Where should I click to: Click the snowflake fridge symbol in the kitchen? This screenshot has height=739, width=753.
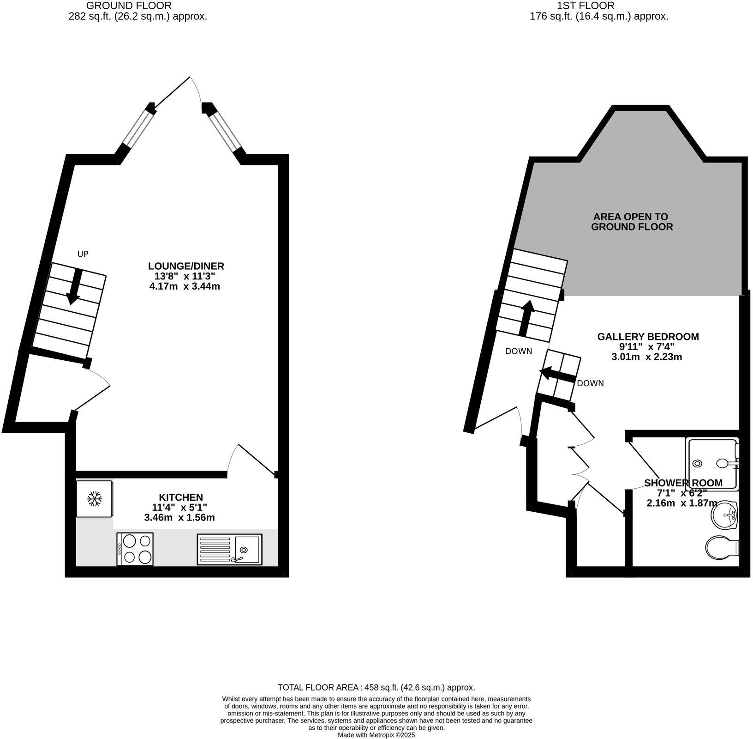(95, 498)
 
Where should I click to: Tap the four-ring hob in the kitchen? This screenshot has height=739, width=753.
(135, 549)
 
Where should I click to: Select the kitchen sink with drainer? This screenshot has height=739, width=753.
(229, 549)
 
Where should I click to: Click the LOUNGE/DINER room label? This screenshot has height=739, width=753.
(186, 266)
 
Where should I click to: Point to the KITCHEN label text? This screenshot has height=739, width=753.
(181, 497)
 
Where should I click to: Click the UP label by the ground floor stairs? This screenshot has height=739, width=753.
(83, 254)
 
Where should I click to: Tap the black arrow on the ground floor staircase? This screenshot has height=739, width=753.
(74, 287)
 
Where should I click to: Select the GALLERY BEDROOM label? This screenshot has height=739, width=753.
(648, 337)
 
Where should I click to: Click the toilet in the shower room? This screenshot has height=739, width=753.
(722, 548)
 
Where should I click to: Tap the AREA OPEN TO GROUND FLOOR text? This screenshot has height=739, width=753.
(631, 222)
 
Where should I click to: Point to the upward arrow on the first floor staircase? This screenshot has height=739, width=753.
(526, 318)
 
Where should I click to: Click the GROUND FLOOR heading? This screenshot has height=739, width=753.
(129, 6)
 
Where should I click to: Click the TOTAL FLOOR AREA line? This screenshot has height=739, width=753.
(376, 687)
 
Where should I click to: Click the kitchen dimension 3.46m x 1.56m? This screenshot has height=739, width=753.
(179, 518)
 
